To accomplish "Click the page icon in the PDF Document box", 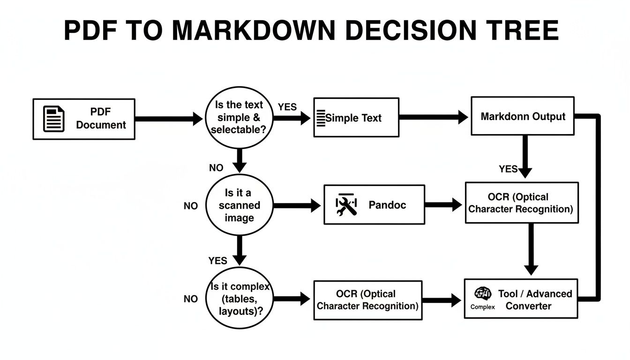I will tap(53, 119).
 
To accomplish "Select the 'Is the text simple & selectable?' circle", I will tap(239, 117).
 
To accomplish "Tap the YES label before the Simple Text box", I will tap(287, 107).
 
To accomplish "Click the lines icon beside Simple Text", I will tap(321, 118).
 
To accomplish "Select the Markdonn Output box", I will tap(522, 116).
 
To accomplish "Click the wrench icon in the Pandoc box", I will tap(346, 205).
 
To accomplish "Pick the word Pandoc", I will tap(387, 205).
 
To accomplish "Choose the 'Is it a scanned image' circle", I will tap(239, 205).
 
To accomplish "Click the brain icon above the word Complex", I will tap(483, 294).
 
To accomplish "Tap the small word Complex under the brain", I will tap(482, 307).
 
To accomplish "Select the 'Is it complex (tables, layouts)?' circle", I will tap(239, 299).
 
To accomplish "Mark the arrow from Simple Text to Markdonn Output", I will tap(434, 117).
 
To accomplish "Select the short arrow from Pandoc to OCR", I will tap(443, 204).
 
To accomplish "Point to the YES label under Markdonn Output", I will tap(508, 169).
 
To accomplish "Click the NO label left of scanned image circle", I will tap(190, 206).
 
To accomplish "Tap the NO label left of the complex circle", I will tap(190, 299).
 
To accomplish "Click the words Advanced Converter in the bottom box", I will tap(535, 300).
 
